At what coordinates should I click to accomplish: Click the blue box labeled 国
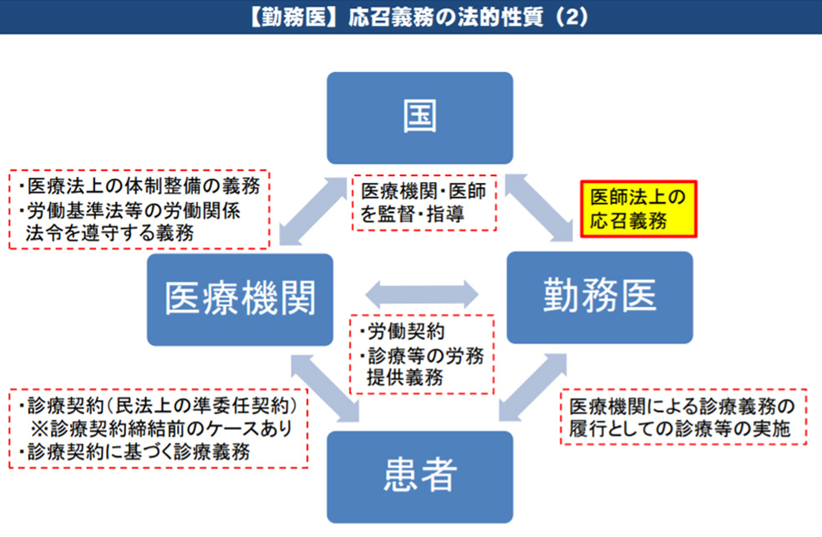pyautogui.click(x=419, y=118)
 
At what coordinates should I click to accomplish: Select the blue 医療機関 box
pyautogui.click(x=240, y=299)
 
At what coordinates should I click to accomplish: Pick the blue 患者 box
pyautogui.click(x=419, y=476)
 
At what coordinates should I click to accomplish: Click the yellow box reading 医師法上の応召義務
pyautogui.click(x=637, y=210)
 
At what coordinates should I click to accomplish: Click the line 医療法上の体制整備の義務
pyautogui.click(x=139, y=185)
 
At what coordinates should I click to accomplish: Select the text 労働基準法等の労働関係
pyautogui.click(x=134, y=210)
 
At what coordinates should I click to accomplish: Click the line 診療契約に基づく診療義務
pyautogui.click(x=135, y=453)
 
